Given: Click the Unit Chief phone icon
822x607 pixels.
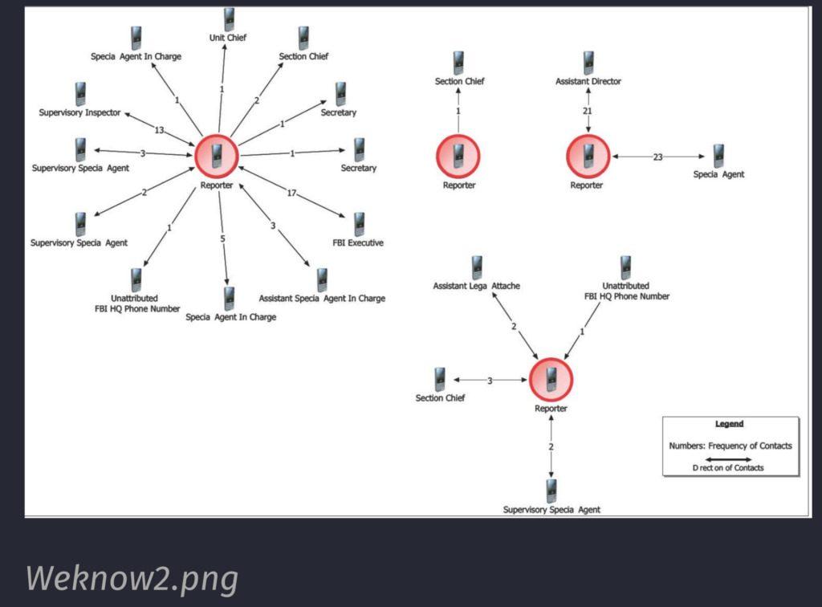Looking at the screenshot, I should click(x=229, y=19).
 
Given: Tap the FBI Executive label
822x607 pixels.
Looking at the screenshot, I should click(x=358, y=242).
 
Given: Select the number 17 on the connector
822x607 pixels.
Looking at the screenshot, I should click(x=291, y=194).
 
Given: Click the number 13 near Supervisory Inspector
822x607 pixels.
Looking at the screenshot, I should click(x=159, y=130).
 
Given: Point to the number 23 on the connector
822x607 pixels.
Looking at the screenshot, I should click(x=657, y=157).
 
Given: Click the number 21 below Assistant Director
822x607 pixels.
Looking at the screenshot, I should click(x=588, y=111).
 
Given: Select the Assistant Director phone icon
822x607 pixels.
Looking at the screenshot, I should click(x=588, y=63).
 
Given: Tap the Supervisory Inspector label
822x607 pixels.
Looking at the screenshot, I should click(x=80, y=113).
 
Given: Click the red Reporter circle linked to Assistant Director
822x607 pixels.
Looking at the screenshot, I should click(x=588, y=156).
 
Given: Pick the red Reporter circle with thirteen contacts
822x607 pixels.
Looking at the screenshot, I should click(x=217, y=156).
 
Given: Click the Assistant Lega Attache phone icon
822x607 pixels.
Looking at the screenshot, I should click(x=477, y=267).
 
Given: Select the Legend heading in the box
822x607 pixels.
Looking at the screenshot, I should click(x=729, y=424).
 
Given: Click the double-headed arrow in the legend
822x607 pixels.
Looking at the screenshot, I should click(x=729, y=458).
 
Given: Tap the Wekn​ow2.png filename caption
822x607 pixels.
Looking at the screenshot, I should click(x=132, y=578).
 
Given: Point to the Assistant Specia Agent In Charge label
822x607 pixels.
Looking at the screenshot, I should click(x=322, y=299).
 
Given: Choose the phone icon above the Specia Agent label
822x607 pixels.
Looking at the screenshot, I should click(x=718, y=156).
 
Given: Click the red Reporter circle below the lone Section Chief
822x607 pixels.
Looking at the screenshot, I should click(x=458, y=156).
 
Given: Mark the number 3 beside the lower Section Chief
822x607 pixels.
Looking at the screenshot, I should click(x=490, y=380).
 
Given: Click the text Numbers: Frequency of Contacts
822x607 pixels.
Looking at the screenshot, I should click(x=730, y=446).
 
